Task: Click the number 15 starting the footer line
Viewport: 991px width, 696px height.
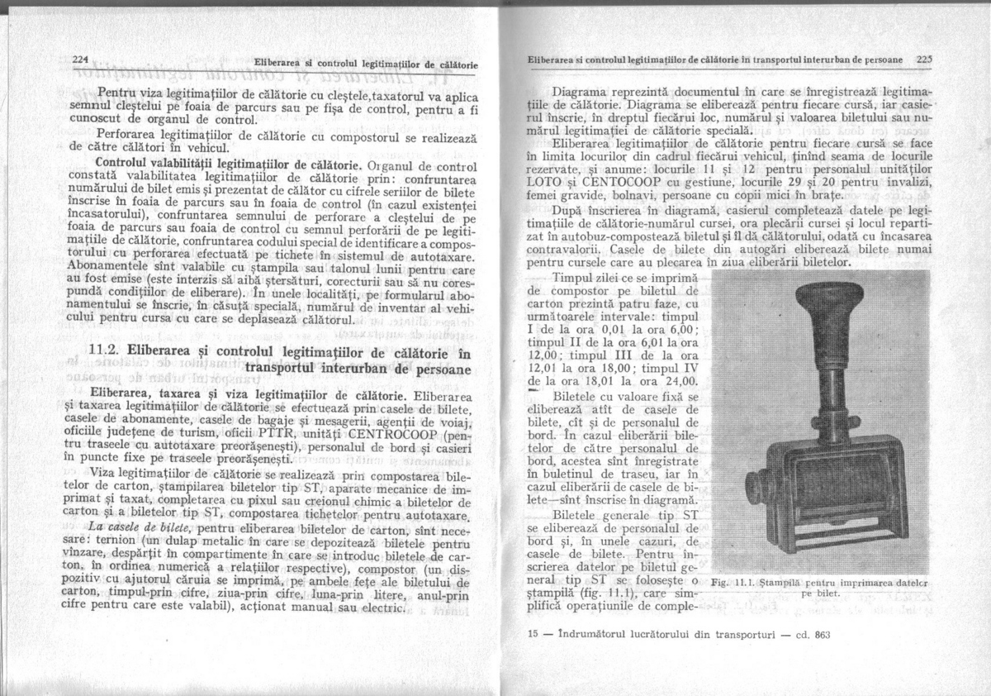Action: pyautogui.click(x=532, y=635)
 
